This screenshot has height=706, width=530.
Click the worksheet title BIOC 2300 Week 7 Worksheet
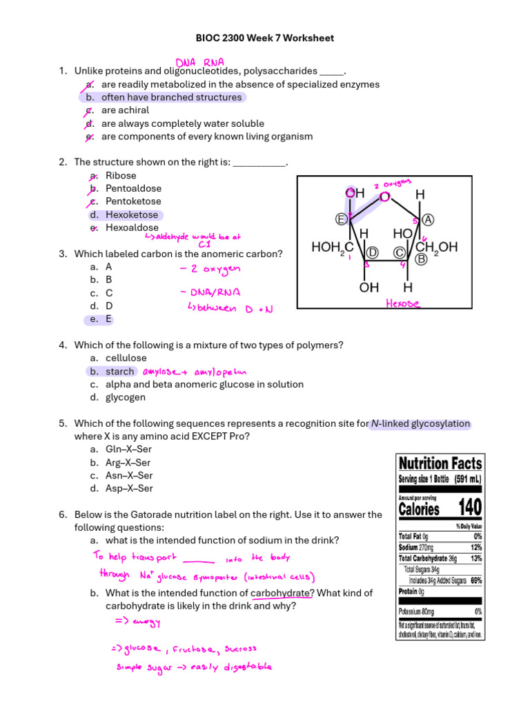point(265,38)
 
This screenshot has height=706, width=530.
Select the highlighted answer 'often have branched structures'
point(171,97)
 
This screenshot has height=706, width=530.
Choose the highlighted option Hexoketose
point(131,214)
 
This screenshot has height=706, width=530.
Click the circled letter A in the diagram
point(428,219)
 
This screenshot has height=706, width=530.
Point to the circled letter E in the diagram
point(340,219)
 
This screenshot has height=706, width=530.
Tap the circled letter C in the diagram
point(399,252)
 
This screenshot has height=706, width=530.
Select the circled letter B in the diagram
point(420,259)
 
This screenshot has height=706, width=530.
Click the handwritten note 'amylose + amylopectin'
point(195,372)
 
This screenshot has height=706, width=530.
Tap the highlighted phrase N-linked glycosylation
point(420,423)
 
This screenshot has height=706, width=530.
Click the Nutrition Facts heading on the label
point(440,463)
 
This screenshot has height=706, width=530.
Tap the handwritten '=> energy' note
point(137,623)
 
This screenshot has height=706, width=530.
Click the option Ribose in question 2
point(121,175)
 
